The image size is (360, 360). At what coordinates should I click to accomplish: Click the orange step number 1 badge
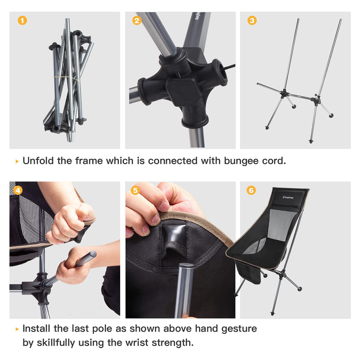point(22,21)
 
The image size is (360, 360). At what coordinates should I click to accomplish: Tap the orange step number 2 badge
point(137,21)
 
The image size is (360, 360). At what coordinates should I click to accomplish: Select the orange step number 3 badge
point(252,21)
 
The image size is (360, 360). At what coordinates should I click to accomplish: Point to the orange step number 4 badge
point(18,190)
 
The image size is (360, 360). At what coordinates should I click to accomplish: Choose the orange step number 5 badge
point(135,190)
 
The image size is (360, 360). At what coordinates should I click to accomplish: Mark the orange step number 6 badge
point(251,190)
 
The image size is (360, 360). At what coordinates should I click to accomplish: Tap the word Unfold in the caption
point(38,161)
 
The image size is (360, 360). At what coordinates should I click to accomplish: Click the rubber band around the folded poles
point(67,79)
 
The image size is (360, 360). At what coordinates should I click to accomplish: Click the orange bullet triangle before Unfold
point(17,161)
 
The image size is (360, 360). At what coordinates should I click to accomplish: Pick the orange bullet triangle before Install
point(17,329)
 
